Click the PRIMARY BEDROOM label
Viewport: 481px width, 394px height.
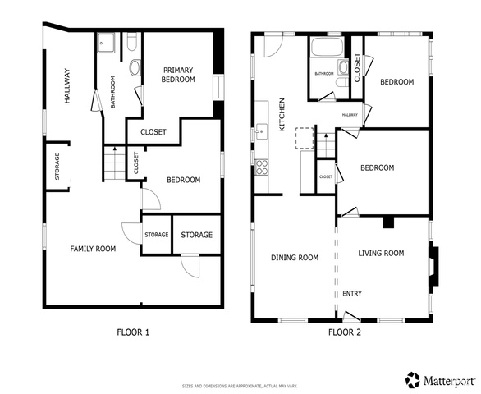[178, 75]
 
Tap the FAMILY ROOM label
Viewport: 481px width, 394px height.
[93, 249]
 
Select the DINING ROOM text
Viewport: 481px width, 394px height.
[295, 258]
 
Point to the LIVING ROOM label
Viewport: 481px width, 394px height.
[381, 253]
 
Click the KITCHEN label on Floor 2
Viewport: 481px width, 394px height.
[282, 115]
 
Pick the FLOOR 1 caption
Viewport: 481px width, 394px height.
[133, 332]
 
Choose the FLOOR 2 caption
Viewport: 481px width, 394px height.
[345, 332]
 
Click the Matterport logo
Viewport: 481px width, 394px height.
[440, 380]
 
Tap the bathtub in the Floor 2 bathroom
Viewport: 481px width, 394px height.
[327, 47]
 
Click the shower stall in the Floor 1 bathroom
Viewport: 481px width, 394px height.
[106, 43]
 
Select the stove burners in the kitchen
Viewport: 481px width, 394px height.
[262, 167]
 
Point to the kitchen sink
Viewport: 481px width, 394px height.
[262, 132]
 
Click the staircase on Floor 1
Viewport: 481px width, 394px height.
[115, 163]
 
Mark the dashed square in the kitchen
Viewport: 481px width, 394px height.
[305, 139]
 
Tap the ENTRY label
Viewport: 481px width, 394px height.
[352, 294]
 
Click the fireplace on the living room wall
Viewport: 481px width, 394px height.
[433, 266]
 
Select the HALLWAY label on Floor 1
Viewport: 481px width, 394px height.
[67, 86]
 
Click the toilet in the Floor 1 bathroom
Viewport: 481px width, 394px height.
[132, 42]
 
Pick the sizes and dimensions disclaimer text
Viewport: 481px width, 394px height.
[240, 386]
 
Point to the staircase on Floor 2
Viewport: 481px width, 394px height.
[326, 144]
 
